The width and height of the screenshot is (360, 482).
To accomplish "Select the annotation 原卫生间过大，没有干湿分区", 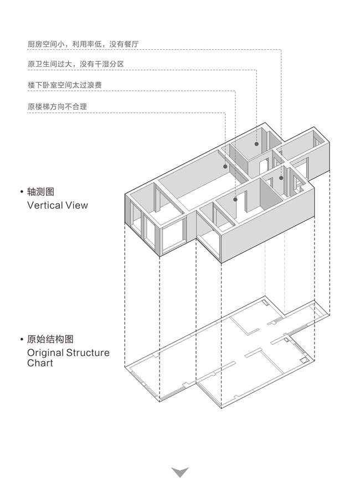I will click(x=75, y=64).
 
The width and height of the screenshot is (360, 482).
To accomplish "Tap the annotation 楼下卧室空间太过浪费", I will click(x=64, y=85).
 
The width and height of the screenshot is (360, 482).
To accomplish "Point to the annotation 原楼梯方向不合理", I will click(x=57, y=106).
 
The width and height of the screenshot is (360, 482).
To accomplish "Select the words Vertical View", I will click(x=57, y=205).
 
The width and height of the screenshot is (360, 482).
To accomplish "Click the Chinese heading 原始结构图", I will click(x=50, y=339).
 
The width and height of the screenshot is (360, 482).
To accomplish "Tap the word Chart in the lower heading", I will click(x=40, y=363).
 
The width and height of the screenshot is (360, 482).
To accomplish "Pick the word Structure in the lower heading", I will click(x=88, y=353).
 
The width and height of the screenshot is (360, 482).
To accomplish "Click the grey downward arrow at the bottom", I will click(x=180, y=471).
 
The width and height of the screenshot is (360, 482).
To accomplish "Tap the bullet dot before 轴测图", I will click(x=21, y=193).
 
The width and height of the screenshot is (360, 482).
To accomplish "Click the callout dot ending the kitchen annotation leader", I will click(x=281, y=178).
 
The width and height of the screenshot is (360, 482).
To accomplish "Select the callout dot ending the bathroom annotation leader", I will click(x=256, y=144).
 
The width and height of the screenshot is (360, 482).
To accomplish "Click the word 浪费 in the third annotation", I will click(x=94, y=85).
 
